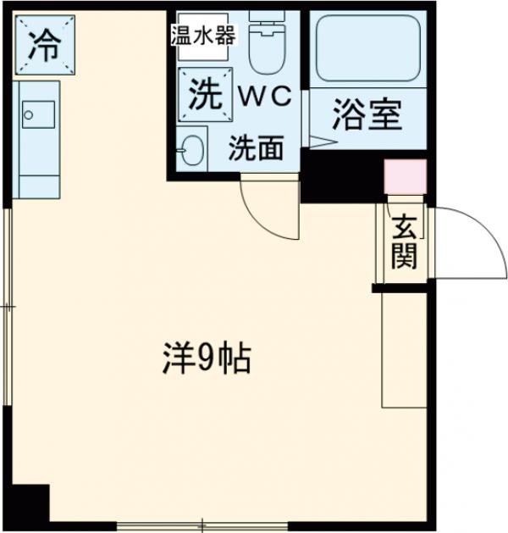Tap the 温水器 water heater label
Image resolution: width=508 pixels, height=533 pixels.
click(203, 36)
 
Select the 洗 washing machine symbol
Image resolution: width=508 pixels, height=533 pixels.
click(202, 94)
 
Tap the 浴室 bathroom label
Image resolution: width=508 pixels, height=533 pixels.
click(367, 116)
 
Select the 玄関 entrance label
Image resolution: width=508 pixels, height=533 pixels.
click(405, 243)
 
